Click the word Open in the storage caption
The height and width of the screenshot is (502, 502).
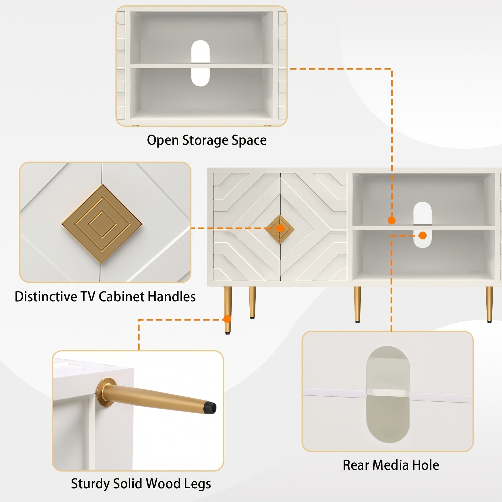(x=163, y=140)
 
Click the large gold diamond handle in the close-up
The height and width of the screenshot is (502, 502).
(x=102, y=223)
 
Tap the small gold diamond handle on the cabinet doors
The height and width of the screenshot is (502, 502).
(x=279, y=229)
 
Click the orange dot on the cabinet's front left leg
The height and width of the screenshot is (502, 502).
(x=227, y=319)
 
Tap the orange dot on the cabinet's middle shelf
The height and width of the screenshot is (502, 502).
(x=392, y=221)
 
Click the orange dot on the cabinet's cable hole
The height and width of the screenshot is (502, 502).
(x=423, y=235)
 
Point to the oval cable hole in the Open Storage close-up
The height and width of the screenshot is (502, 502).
(x=200, y=63)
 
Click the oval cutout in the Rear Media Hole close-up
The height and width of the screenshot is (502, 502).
(x=388, y=395)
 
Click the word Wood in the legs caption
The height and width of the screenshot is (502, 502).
(x=165, y=484)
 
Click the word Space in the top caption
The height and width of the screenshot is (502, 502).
(x=249, y=140)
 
